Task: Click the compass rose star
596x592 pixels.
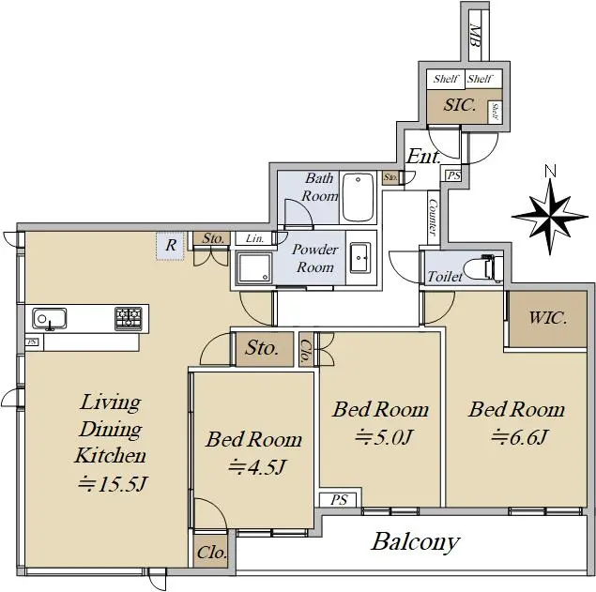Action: coord(550,217)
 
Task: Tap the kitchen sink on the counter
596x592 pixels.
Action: coord(50,318)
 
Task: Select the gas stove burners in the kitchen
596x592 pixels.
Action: coord(129,318)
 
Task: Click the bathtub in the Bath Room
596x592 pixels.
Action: coord(358,197)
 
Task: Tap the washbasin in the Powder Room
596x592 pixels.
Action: coord(360,258)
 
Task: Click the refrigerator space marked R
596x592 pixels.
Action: coord(170,246)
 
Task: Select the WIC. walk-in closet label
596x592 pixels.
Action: coord(548,318)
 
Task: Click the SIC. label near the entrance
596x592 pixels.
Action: coord(459,105)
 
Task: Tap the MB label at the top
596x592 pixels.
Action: coord(474,36)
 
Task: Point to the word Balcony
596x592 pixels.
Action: coord(416,542)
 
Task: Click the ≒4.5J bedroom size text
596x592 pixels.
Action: coord(256,468)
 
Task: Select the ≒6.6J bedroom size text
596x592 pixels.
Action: coord(519,437)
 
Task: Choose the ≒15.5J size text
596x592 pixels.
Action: coord(112,484)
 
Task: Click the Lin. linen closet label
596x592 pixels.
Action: coord(254,238)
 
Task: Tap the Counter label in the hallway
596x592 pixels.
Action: coord(433,217)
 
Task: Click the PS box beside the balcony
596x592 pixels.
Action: coord(338,500)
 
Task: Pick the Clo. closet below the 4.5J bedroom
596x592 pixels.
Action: coord(211,552)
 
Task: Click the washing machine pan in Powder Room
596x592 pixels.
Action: coord(254,267)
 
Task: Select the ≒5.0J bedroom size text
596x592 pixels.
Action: coord(383,438)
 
